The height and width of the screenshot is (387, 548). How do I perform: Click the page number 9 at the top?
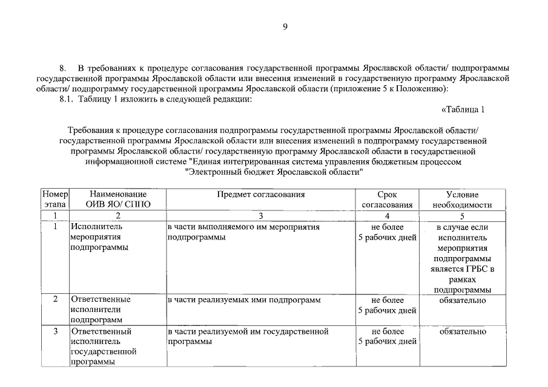tap(285, 26)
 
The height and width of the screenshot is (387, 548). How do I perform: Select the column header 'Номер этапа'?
tap(54, 200)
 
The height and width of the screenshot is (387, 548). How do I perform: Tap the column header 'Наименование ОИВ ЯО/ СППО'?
tap(118, 200)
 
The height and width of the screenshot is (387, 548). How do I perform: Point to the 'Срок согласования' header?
tap(387, 200)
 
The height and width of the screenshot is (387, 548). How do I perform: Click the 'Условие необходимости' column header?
tap(462, 200)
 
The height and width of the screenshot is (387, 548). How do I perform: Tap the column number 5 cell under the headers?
tap(462, 215)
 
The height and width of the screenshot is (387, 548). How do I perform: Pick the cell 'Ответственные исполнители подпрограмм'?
tap(100, 309)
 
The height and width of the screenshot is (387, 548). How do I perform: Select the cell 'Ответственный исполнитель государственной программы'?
tap(103, 346)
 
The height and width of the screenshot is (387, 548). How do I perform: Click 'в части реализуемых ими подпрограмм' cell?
tap(243, 299)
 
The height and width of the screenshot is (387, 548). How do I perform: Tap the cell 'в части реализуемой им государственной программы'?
tap(248, 336)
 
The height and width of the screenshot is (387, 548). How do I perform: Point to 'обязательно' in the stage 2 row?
tap(462, 299)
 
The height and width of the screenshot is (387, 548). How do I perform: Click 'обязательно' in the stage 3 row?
tap(462, 331)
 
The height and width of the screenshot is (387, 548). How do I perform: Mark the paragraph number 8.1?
tap(65, 99)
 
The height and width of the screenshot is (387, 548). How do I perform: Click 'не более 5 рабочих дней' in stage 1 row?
tap(387, 232)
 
